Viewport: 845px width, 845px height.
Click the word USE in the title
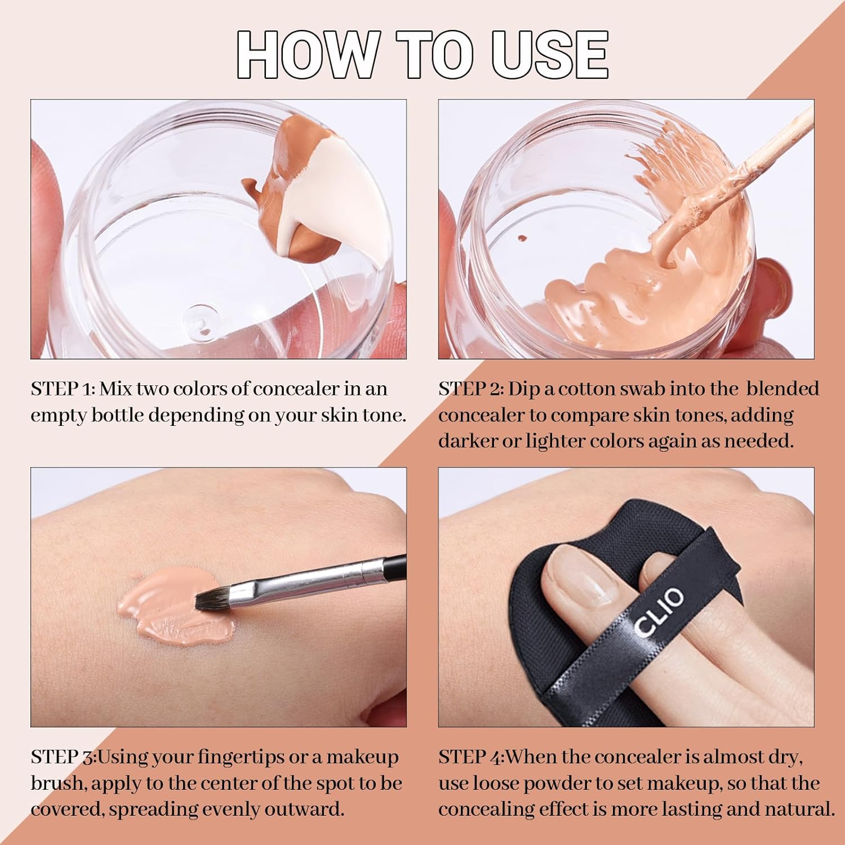[x=549, y=55]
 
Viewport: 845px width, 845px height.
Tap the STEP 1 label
[x=62, y=389]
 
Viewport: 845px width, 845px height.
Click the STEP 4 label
[x=471, y=757]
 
